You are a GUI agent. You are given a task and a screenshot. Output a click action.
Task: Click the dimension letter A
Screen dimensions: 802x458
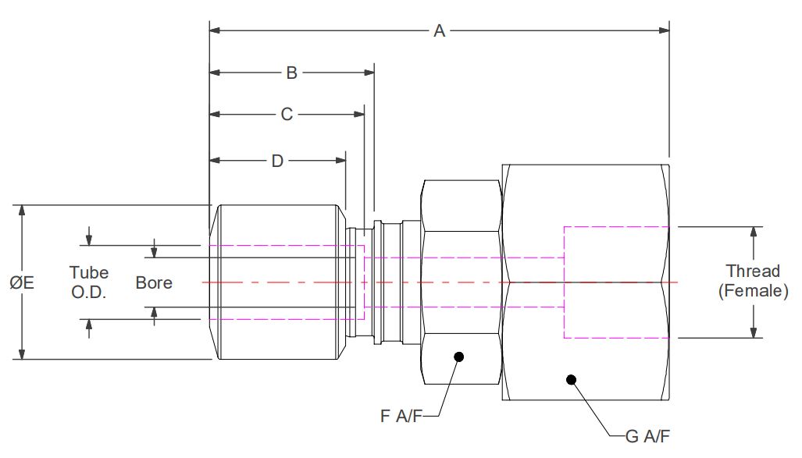tap(440, 30)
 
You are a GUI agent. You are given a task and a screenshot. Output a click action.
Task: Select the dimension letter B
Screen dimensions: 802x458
tap(291, 73)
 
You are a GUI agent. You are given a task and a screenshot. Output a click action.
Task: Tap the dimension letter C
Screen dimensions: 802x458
tap(287, 114)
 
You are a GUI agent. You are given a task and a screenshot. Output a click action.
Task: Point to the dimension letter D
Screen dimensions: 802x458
tap(277, 161)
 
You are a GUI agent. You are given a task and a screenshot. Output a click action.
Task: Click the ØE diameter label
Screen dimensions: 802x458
tap(22, 282)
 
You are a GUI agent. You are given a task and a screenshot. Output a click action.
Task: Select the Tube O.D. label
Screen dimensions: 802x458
tap(89, 282)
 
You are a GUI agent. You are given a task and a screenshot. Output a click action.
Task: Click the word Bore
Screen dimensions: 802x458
tap(154, 282)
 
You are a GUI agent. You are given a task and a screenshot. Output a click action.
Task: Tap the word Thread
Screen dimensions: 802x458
tap(753, 271)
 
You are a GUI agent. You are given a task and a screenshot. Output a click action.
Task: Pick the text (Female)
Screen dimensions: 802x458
tap(754, 291)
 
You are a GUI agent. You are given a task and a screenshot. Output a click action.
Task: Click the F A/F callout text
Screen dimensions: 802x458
tap(401, 416)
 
